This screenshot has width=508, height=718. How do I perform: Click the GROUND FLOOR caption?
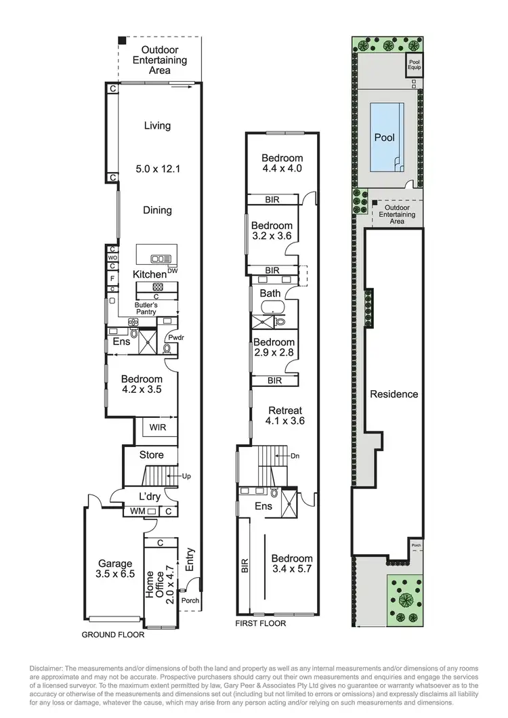113,635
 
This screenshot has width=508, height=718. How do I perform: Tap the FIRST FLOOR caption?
260,623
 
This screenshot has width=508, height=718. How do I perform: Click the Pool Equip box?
413,66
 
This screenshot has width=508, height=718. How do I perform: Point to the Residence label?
394,394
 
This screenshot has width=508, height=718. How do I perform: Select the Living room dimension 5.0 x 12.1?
157,169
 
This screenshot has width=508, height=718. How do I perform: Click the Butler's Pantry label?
150,309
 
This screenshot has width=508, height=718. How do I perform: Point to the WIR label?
157,428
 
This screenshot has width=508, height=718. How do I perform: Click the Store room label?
151,455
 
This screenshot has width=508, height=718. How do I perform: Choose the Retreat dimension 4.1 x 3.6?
286,421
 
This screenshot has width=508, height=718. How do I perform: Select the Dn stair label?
295,456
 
